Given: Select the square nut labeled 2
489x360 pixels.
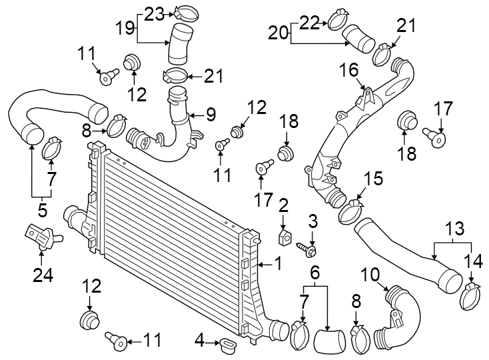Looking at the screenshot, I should [284, 238].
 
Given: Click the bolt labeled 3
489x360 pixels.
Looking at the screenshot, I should [308, 249].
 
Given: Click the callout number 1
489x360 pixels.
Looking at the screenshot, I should [278, 265].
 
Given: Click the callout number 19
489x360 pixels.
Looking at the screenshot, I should [125, 29].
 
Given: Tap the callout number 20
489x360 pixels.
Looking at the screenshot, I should [278, 31].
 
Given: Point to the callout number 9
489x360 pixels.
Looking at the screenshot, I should [211, 115].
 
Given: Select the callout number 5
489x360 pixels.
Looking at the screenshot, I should [41, 211].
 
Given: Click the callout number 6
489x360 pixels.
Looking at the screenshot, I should [315, 272].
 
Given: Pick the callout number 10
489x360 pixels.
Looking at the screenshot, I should [370, 273].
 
